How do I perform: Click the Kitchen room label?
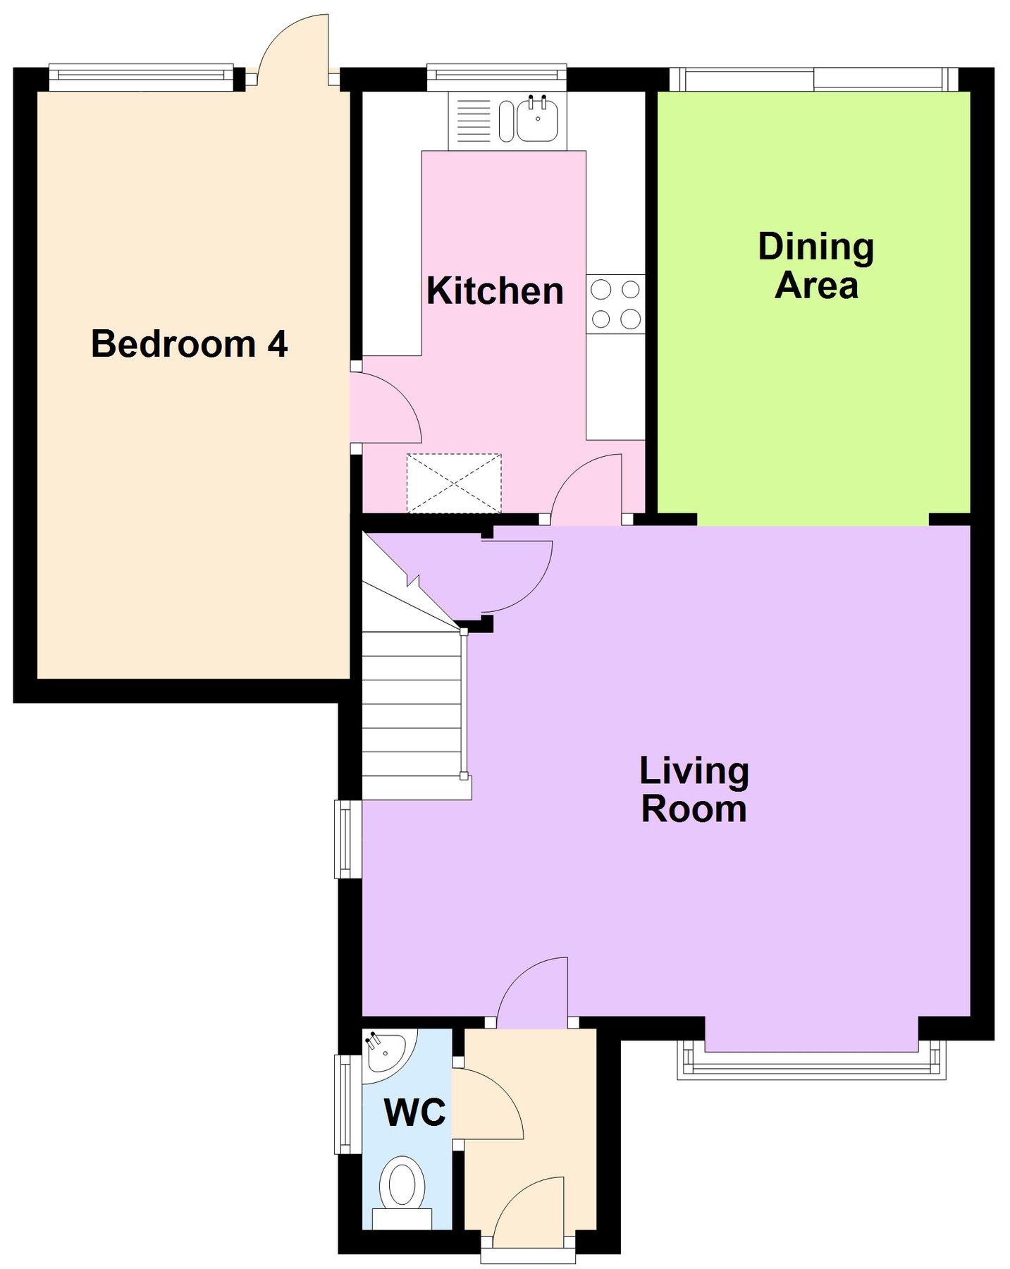pos(495,290)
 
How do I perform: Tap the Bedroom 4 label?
pos(190,343)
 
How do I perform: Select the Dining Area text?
pos(816,266)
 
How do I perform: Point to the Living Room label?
pos(694,790)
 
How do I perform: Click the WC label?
pos(415,1112)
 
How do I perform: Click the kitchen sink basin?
pos(538,120)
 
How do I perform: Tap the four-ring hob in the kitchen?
pos(615,304)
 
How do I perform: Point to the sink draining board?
pos(474,121)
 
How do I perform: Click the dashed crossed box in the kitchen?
pos(454,484)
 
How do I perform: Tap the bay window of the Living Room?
pos(811,1059)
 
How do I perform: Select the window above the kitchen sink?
pos(497,77)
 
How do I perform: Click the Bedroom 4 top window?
pos(141,78)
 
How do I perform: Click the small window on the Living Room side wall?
pos(345,839)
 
